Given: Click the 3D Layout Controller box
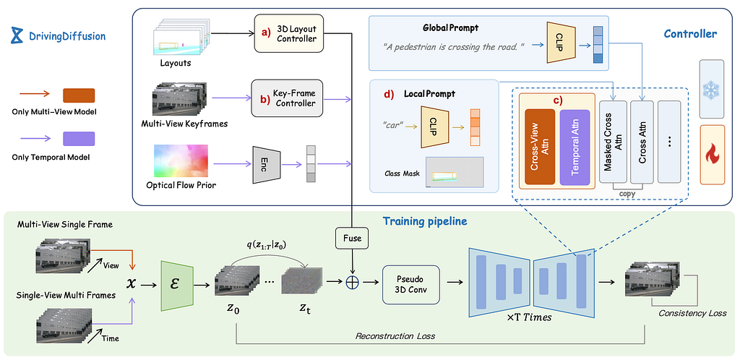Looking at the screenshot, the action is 288,33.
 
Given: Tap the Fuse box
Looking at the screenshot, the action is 352,239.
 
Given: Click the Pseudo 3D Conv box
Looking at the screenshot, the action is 410,283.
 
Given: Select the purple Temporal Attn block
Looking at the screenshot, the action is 575,147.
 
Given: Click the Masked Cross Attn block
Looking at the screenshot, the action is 612,142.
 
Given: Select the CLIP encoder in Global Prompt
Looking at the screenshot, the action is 561,42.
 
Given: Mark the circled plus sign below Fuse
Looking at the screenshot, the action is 352,282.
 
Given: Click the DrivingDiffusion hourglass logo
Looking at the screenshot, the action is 17,35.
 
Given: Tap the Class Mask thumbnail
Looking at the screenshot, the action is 454,172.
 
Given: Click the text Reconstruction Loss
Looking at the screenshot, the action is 395,336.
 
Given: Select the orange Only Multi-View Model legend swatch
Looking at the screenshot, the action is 78,95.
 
